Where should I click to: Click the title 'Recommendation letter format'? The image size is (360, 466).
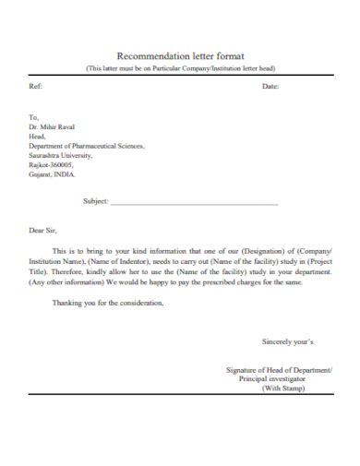point(180,55)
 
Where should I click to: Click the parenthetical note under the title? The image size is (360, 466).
point(180,68)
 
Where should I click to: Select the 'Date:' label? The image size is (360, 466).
point(270,86)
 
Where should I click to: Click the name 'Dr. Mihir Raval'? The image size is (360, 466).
point(52,126)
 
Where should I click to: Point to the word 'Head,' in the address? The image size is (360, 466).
point(38,136)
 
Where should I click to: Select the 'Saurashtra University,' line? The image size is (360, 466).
point(63,155)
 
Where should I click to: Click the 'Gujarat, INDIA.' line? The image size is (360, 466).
point(54,173)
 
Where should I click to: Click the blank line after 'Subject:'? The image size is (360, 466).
point(194,201)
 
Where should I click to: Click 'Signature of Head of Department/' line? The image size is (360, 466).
point(280,369)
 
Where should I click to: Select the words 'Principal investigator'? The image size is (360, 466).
point(285,378)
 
